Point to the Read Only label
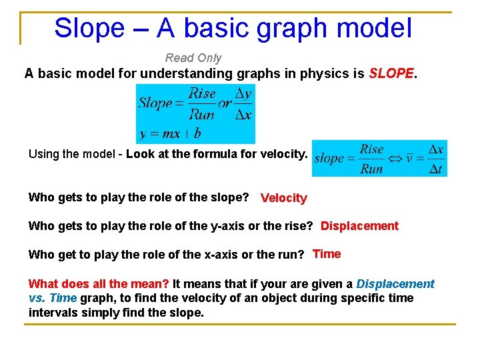coord(193,58)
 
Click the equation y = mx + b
coord(170,133)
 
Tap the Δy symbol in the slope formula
coord(244,95)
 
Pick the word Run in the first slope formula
coord(201,115)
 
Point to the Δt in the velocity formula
coord(436,169)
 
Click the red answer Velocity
coord(284,198)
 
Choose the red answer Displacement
coord(359,226)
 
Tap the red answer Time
coord(327,254)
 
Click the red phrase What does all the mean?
coord(99,284)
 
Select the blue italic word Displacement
coord(395,284)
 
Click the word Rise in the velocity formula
coord(372,149)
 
